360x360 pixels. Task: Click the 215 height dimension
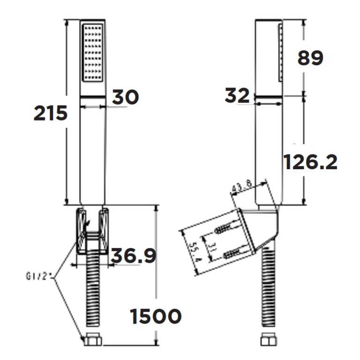click(51, 113)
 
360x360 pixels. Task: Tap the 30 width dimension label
click(125, 97)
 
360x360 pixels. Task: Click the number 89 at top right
click(310, 59)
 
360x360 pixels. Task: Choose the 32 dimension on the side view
click(238, 96)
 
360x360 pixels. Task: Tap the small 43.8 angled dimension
click(243, 186)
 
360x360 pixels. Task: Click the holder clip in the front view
click(93, 230)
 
